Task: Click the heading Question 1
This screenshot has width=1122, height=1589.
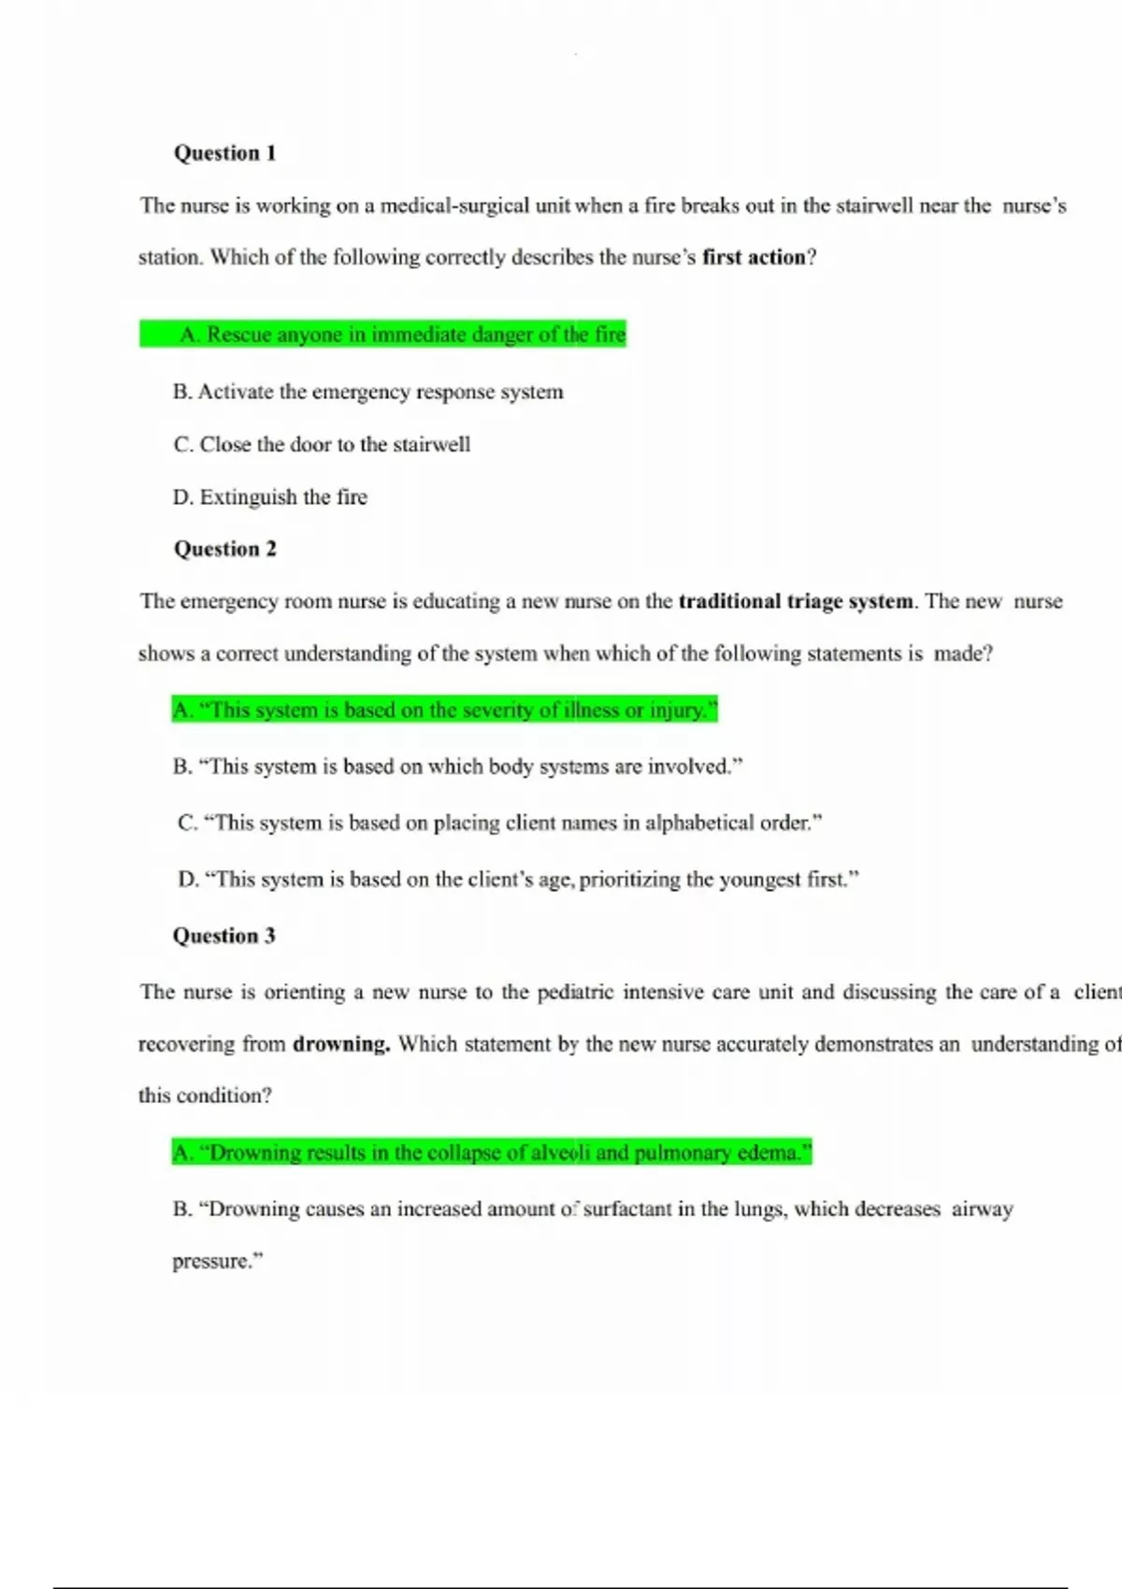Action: pyautogui.click(x=224, y=153)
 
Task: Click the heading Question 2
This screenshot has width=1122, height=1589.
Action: pyautogui.click(x=224, y=549)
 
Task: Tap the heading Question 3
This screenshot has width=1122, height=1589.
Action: pyautogui.click(x=223, y=936)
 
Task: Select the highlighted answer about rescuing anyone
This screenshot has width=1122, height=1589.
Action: pyautogui.click(x=402, y=335)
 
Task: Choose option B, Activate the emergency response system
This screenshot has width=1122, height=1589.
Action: pyautogui.click(x=367, y=392)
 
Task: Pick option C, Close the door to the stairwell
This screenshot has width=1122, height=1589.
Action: pyautogui.click(x=322, y=444)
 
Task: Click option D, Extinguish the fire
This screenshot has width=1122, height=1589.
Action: pyautogui.click(x=269, y=497)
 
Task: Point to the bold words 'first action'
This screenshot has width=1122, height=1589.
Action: pyautogui.click(x=754, y=257)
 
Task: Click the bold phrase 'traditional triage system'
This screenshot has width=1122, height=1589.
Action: pyautogui.click(x=796, y=601)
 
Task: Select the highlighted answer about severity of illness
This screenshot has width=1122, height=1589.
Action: pyautogui.click(x=445, y=710)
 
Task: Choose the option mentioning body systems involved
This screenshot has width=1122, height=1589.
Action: pyautogui.click(x=457, y=766)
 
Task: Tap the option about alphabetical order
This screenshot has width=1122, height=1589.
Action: pyautogui.click(x=499, y=823)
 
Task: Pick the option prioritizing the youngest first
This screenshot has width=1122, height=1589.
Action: pyautogui.click(x=518, y=880)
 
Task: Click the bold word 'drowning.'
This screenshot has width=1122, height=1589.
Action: pyautogui.click(x=341, y=1044)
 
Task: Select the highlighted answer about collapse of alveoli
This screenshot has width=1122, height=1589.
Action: pyautogui.click(x=492, y=1152)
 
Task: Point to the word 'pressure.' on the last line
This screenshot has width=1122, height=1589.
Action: pyautogui.click(x=217, y=1261)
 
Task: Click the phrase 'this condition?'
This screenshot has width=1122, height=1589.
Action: pyautogui.click(x=205, y=1095)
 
